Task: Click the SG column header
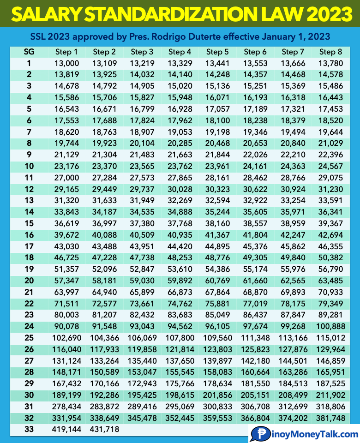[x=29, y=52]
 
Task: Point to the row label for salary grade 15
[x=29, y=223]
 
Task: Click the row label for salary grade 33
[x=29, y=429]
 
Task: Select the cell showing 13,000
[x=66, y=63]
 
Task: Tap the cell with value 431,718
[x=104, y=429]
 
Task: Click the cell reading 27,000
[x=66, y=177]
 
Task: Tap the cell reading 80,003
[x=66, y=314]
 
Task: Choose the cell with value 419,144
[x=66, y=429]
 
